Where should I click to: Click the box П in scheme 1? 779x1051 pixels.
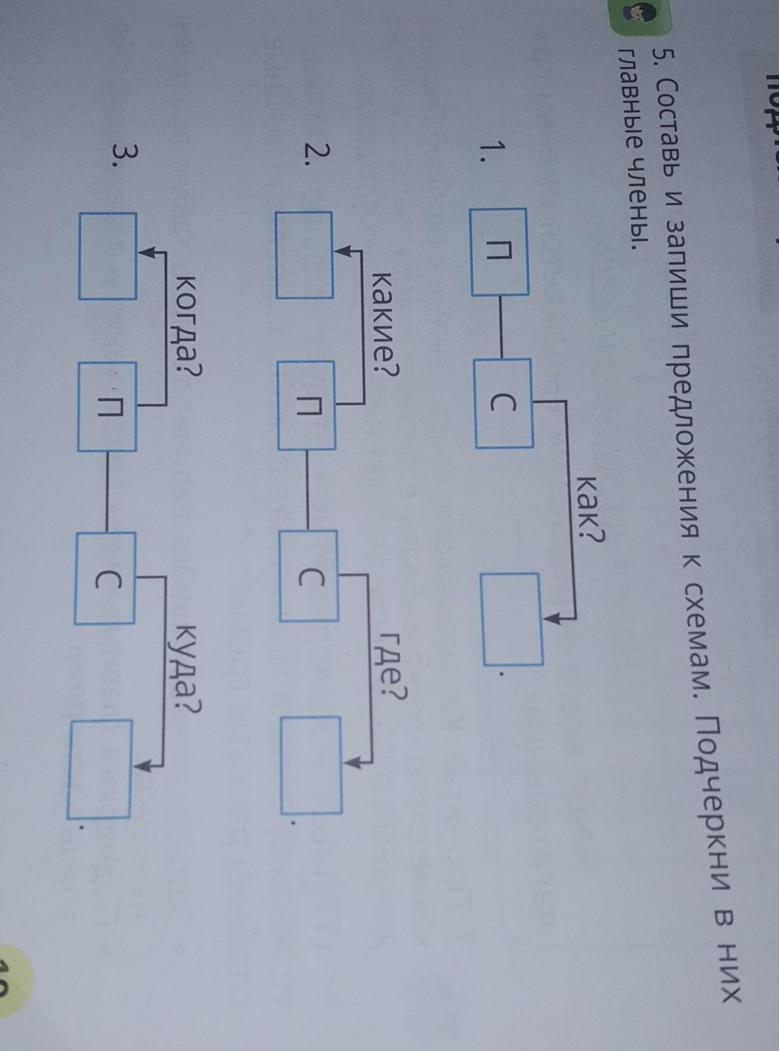(499, 251)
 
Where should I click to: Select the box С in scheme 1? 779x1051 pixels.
(503, 404)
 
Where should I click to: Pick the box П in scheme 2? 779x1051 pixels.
(306, 406)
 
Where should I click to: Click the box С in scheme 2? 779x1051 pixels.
(309, 576)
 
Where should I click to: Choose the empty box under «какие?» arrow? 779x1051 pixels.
(304, 255)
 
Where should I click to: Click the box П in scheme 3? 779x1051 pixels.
(107, 407)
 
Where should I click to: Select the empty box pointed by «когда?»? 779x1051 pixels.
(108, 256)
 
